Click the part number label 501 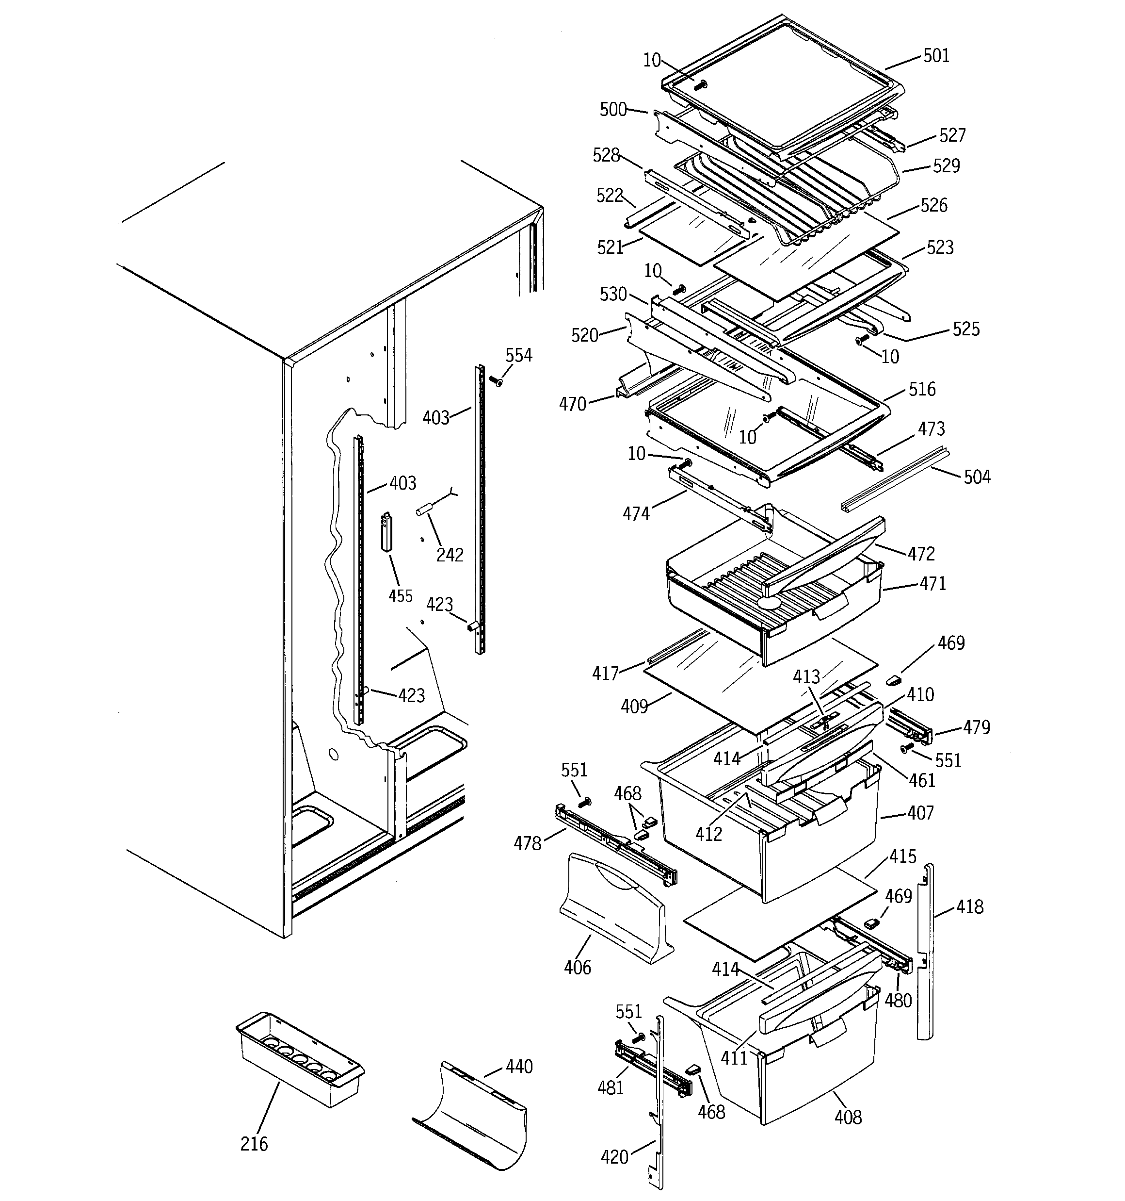click(936, 56)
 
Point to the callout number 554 click(519, 355)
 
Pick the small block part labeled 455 click(386, 532)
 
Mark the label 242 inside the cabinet click(450, 555)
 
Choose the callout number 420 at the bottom click(615, 1157)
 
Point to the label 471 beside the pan click(932, 584)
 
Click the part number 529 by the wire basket click(946, 165)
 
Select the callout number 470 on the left click(573, 404)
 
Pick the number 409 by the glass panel click(634, 706)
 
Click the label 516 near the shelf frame click(922, 389)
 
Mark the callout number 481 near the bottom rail click(610, 1088)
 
